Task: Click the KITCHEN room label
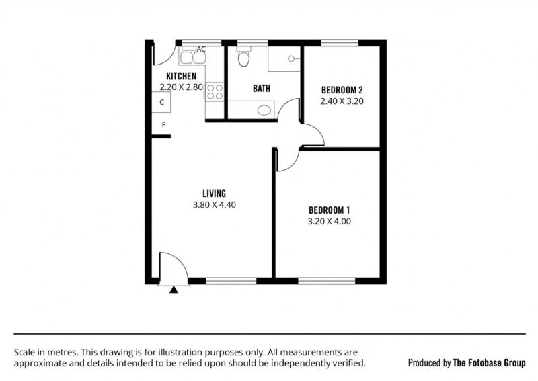tap(181, 76)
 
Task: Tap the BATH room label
tap(262, 89)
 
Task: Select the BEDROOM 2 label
tap(342, 90)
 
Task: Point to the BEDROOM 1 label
tap(329, 210)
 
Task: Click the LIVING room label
tap(214, 194)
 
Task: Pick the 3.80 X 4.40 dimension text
tap(214, 205)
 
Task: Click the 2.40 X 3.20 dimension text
tap(342, 101)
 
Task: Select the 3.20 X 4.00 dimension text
tap(329, 222)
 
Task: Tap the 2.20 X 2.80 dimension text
tap(181, 87)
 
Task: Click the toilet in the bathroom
tap(244, 57)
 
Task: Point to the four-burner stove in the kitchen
tap(215, 92)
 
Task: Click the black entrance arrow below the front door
tap(174, 290)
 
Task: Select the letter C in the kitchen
tap(162, 102)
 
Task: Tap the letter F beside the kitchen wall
tap(163, 125)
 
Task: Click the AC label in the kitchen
tap(201, 49)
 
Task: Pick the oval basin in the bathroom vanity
tap(264, 110)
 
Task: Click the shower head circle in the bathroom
tap(291, 59)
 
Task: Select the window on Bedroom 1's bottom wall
tap(326, 281)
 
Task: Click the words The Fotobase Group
tap(489, 363)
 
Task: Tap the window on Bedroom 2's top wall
tap(340, 43)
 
